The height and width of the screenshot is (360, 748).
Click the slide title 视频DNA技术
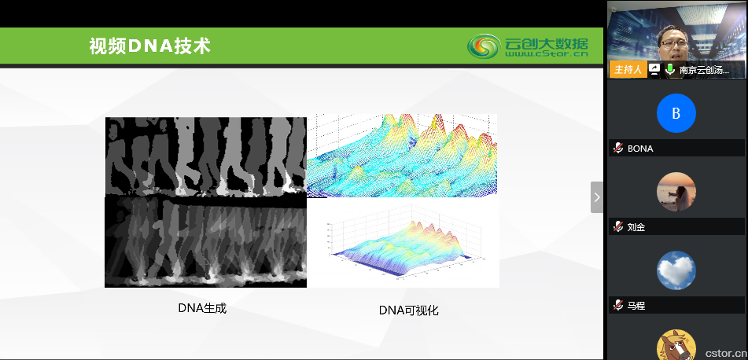[x=149, y=46]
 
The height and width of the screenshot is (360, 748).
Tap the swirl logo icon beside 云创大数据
[x=484, y=46]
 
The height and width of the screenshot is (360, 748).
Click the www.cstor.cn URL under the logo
[x=547, y=54]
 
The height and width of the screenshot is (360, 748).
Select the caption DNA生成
[x=202, y=308]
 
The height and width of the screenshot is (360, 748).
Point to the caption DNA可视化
[x=409, y=310]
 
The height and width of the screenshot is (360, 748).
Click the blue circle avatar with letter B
[x=676, y=113]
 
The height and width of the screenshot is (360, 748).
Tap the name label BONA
[x=640, y=149]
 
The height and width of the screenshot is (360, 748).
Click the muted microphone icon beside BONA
[x=618, y=148]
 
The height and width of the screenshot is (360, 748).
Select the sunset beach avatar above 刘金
[x=676, y=192]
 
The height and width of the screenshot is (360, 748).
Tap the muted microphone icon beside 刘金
[x=618, y=226]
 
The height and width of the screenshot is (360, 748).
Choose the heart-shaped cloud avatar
[x=676, y=270]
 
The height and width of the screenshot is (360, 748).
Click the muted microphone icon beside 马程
[x=618, y=305]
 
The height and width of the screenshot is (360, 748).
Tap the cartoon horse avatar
[x=676, y=345]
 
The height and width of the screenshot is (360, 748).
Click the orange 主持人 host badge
[x=628, y=70]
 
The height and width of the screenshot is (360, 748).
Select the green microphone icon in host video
[x=670, y=69]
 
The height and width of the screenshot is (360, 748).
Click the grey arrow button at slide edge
[x=597, y=197]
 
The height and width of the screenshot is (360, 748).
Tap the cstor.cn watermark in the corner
[x=725, y=354]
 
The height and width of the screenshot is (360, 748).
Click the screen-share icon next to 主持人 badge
[x=654, y=70]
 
